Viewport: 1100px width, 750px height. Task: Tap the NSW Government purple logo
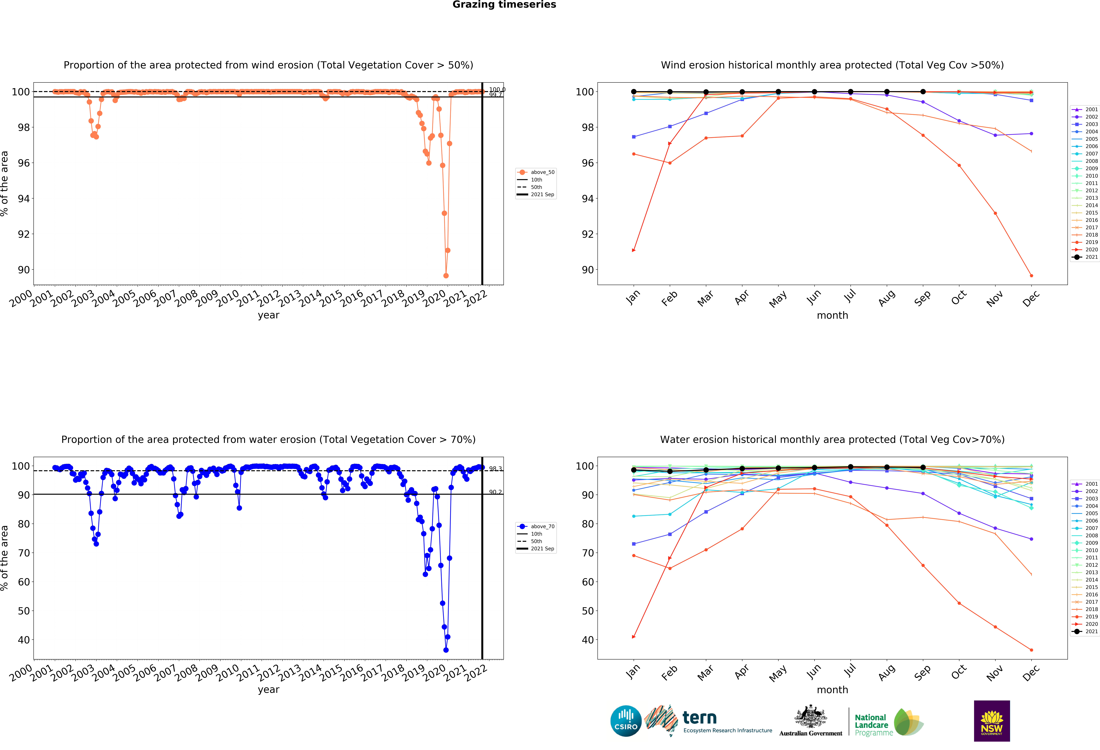pos(992,721)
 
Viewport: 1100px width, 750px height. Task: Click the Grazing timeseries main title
pos(504,5)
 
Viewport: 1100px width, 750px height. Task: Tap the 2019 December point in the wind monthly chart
pos(1031,276)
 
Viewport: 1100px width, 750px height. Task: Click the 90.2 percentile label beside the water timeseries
pos(495,492)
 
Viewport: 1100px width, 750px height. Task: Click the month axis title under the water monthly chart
pos(832,690)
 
